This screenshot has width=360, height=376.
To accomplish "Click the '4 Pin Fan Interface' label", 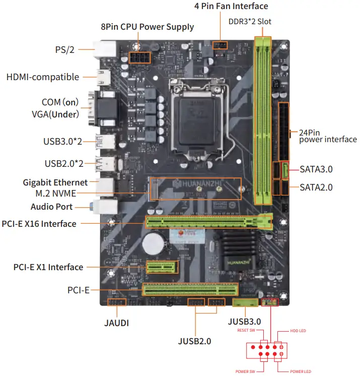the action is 231,6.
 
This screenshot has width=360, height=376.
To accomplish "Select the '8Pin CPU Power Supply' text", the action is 147,27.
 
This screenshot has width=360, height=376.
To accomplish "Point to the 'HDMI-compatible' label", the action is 43,77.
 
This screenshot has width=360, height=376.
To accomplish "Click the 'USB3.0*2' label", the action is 63,141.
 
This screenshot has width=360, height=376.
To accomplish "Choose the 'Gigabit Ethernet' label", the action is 55,182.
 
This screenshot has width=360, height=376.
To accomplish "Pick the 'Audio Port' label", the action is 51,207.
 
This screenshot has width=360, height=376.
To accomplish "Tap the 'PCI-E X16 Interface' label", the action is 39,223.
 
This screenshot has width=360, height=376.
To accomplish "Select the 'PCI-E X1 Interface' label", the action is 48,267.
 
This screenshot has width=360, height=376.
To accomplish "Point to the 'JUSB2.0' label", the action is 194,341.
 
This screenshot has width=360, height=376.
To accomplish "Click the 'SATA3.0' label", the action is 316,169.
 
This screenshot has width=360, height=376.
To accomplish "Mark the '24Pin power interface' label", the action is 328,136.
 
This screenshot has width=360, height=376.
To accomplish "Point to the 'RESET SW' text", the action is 246,331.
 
